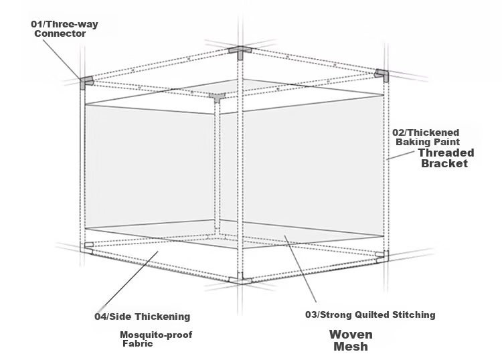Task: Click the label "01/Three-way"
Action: point(64,24)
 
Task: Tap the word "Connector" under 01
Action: point(60,33)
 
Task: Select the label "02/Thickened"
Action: point(426,132)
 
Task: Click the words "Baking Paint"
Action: point(428,142)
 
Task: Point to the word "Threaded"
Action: point(446,153)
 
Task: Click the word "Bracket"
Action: point(444,163)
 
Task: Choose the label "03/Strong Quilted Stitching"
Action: point(370,314)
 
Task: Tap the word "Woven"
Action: point(351,335)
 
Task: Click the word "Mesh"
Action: point(351,346)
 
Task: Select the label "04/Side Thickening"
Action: point(142,317)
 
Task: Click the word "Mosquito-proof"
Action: point(156,335)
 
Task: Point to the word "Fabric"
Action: point(138,344)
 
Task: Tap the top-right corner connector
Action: point(382,75)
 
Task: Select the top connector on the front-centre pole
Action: point(240,52)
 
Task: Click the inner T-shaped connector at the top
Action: point(218,96)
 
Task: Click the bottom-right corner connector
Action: point(383,256)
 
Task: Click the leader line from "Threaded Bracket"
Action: point(400,155)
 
